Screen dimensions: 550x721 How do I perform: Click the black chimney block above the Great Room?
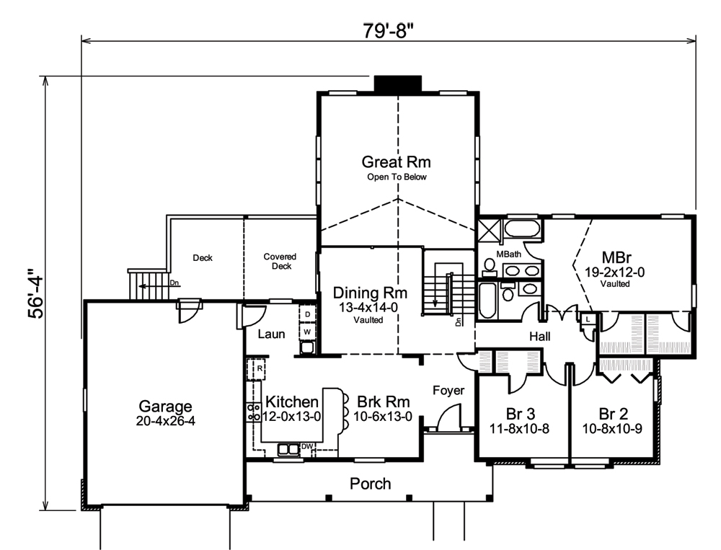(x=397, y=84)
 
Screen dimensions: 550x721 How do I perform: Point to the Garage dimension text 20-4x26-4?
(x=165, y=421)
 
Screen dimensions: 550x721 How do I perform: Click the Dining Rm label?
(x=370, y=293)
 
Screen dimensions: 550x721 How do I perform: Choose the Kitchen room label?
(x=291, y=402)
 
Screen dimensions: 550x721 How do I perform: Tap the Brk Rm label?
(x=380, y=402)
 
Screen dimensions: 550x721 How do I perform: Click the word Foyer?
(x=448, y=391)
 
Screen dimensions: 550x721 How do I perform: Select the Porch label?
(x=370, y=483)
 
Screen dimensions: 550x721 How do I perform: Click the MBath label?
(x=508, y=254)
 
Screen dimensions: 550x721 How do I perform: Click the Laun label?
(x=271, y=334)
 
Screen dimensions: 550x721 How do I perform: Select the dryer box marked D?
(x=307, y=315)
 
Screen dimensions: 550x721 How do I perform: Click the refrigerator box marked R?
(x=258, y=368)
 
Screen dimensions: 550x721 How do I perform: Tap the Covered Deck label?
(x=280, y=261)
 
